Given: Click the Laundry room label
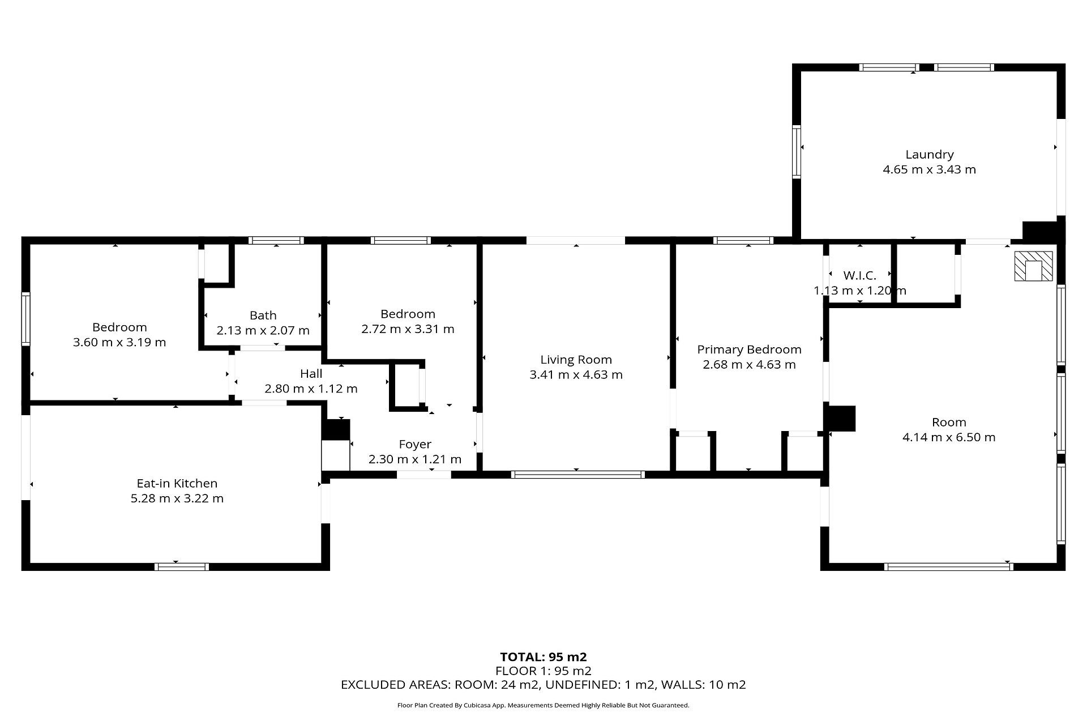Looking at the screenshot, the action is click(x=929, y=155).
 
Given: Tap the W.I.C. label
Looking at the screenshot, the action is click(x=859, y=276).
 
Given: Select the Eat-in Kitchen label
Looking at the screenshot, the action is click(x=177, y=484).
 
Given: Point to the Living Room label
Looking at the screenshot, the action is click(x=576, y=360).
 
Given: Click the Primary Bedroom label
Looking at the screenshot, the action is click(x=749, y=349).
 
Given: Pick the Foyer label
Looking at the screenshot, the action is click(x=415, y=445).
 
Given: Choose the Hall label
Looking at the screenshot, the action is click(x=311, y=374).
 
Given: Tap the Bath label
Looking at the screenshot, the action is click(x=263, y=315).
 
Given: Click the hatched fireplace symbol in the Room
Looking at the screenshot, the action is click(x=1033, y=266).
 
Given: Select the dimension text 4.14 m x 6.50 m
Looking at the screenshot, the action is click(x=949, y=437).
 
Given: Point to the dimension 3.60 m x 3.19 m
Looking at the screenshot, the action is click(x=119, y=342).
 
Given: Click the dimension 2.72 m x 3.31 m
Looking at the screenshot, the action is click(x=408, y=329).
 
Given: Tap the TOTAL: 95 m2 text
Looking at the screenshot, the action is click(x=543, y=657).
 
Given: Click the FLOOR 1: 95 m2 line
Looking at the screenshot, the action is click(x=543, y=671).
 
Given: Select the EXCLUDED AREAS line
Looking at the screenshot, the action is click(x=543, y=685).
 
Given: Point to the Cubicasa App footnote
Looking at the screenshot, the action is click(x=543, y=705).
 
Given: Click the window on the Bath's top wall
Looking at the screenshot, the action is click(x=276, y=240).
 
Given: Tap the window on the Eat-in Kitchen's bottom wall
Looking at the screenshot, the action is click(x=182, y=566).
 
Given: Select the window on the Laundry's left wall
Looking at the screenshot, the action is click(x=797, y=152).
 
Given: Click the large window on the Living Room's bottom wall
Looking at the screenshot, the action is click(x=577, y=475).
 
